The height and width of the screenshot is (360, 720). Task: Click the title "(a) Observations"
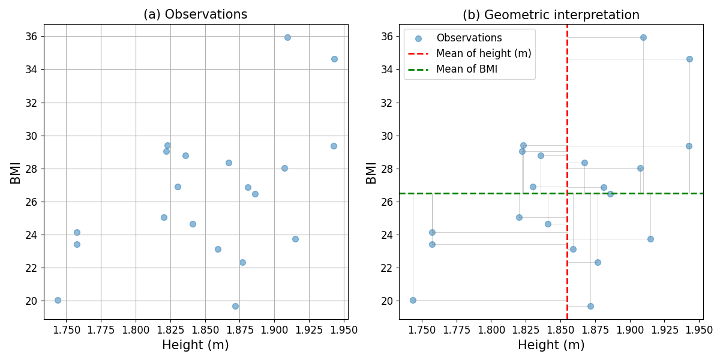point(195,14)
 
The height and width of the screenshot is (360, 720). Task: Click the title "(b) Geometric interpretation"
point(551,14)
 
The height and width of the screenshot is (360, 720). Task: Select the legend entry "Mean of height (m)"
point(484,53)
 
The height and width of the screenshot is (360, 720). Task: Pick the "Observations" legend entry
point(469,38)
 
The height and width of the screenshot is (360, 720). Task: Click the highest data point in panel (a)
point(287,37)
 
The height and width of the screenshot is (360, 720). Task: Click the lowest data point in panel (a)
point(235,306)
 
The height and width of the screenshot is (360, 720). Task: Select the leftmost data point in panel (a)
point(58,300)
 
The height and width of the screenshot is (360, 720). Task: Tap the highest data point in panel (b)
point(643,37)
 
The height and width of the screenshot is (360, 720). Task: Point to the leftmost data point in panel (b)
point(413,300)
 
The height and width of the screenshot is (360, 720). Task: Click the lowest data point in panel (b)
point(590,306)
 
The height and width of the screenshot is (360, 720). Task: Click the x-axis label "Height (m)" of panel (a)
point(195,345)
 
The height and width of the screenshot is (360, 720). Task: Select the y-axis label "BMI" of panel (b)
point(371,172)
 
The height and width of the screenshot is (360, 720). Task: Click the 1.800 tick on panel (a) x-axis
point(136,329)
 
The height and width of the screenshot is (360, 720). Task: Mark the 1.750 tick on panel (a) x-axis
point(66,329)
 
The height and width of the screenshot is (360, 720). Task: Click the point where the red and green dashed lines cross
point(567,193)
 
